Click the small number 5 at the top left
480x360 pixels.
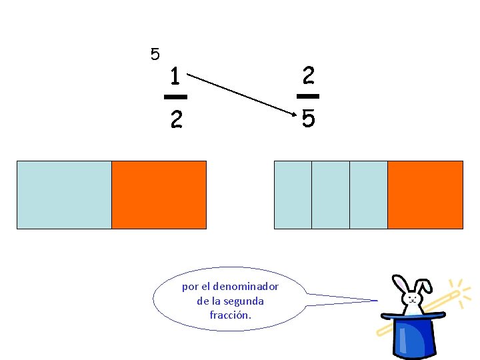point(155,54)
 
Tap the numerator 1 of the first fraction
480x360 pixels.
point(175,76)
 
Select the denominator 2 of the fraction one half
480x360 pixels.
point(175,119)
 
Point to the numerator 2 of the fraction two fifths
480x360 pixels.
point(308,75)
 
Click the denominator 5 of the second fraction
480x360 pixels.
point(308,119)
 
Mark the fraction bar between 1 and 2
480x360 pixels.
point(175,97)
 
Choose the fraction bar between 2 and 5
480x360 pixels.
point(308,97)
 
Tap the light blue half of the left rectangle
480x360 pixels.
point(64,195)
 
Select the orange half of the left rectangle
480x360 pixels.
point(159,195)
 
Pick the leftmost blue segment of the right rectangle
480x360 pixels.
point(293,195)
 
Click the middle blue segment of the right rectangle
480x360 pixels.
point(330,195)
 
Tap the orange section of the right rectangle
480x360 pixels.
point(425,195)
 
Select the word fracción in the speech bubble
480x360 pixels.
point(231,315)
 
